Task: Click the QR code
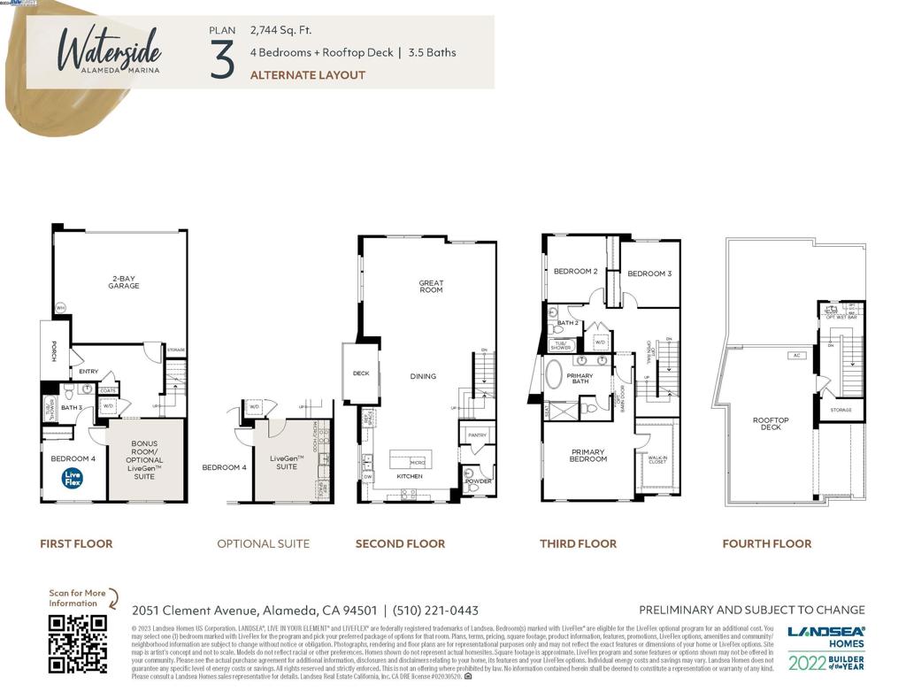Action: click(x=77, y=643)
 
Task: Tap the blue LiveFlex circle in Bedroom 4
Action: click(x=73, y=479)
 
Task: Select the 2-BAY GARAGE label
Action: click(x=124, y=282)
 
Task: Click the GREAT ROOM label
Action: click(x=431, y=287)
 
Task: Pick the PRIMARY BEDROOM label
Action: click(x=588, y=456)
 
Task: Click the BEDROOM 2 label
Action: click(x=576, y=272)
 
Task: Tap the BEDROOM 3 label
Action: click(x=649, y=273)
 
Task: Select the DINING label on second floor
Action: click(x=423, y=376)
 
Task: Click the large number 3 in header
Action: click(x=223, y=59)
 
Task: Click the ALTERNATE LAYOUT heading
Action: click(x=308, y=75)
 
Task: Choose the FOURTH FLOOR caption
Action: click(x=766, y=543)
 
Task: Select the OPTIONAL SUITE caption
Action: click(x=263, y=543)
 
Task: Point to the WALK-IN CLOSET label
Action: click(x=657, y=459)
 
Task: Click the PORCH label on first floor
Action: click(x=52, y=351)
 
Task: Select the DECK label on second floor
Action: click(x=361, y=373)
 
